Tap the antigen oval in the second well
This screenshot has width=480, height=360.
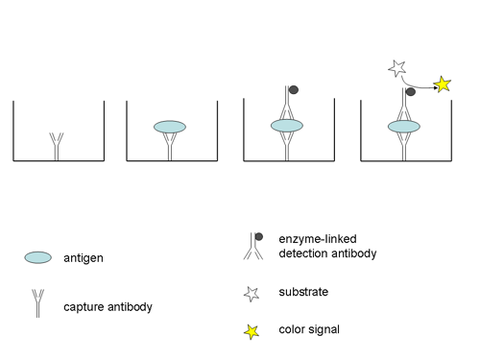pos(169,127)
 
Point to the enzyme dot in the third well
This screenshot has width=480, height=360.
pos(294,89)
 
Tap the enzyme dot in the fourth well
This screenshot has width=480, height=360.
pos(410,92)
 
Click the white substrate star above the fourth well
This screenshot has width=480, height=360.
pos(396,68)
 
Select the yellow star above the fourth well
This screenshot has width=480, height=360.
pos(444,85)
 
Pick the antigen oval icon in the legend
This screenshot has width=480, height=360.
pos(37,257)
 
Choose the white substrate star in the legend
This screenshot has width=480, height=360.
pos(252,293)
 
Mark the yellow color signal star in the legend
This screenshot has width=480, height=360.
pos(252,331)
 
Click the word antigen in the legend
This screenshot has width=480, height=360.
pos(85,257)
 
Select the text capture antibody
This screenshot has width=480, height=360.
pos(108,307)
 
